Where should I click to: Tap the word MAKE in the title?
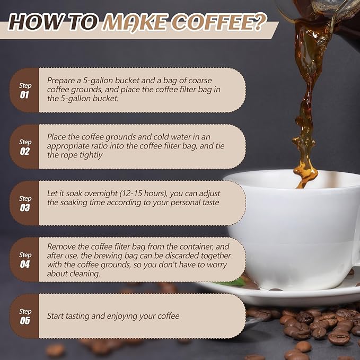(135, 22)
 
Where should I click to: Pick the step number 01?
(24, 95)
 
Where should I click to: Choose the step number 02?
(24, 151)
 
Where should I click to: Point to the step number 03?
(25, 208)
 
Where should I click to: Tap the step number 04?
(25, 264)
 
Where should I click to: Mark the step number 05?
(25, 321)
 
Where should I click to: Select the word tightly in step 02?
(91, 155)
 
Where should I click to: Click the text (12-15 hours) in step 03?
(143, 194)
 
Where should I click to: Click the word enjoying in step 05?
(122, 317)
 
